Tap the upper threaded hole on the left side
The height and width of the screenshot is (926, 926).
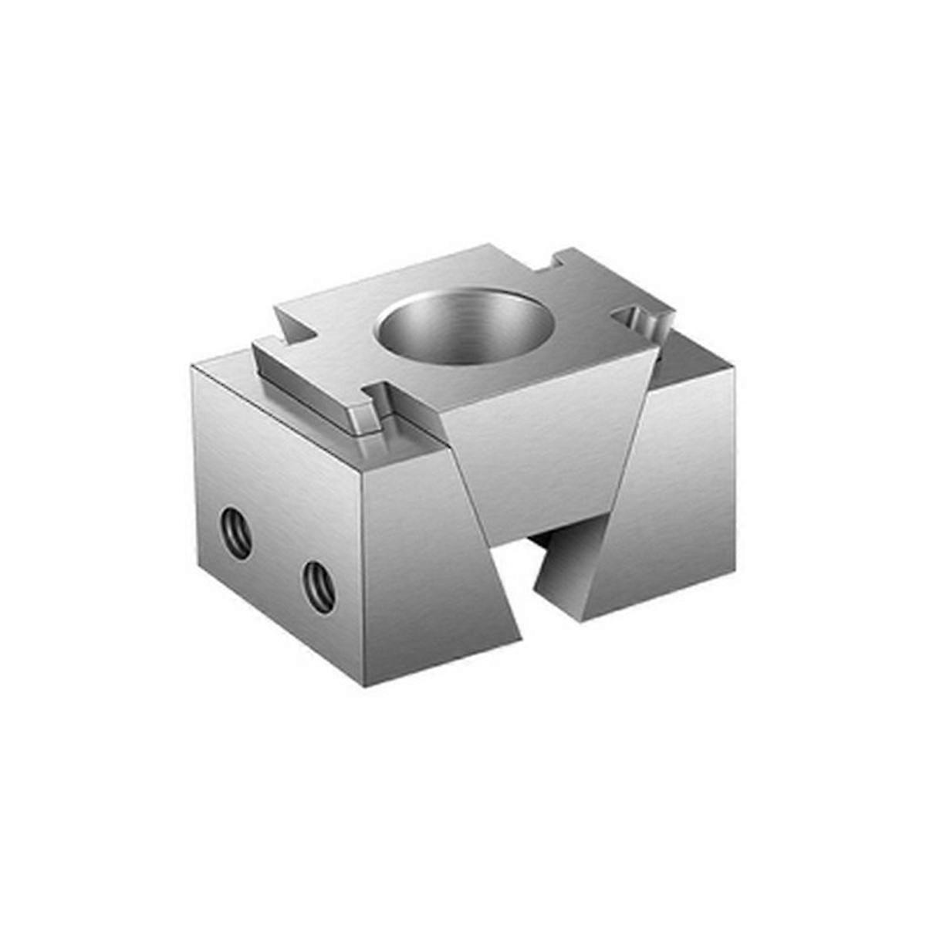coord(236,532)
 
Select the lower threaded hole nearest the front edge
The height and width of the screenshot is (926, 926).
coord(319,587)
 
